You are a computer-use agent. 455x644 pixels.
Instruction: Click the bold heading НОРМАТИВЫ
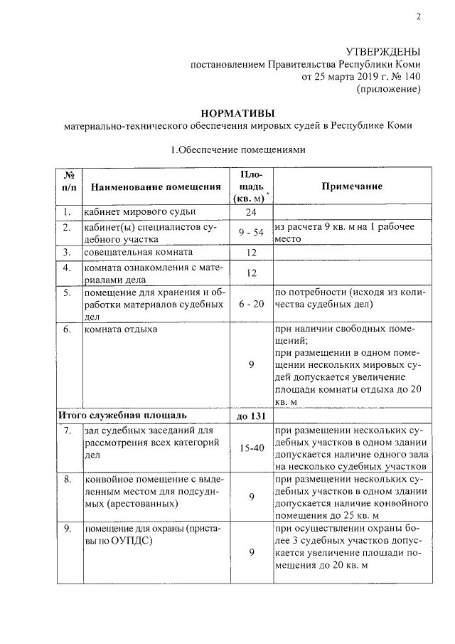pyautogui.click(x=237, y=113)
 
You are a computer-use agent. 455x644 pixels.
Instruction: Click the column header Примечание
pyautogui.click(x=351, y=186)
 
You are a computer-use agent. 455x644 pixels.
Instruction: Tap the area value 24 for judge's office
pyautogui.click(x=251, y=213)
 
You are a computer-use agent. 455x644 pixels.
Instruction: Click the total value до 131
pyautogui.click(x=251, y=416)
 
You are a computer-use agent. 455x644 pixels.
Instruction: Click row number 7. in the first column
pyautogui.click(x=67, y=431)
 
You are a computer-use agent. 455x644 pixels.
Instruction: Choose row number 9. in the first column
pyautogui.click(x=67, y=528)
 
